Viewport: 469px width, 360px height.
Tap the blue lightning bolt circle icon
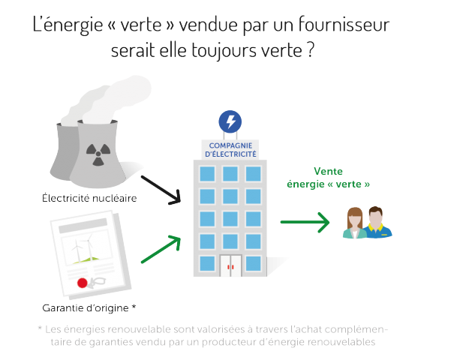(229, 121)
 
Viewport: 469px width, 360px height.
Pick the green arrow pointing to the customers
(305, 222)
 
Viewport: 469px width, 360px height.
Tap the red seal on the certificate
(83, 283)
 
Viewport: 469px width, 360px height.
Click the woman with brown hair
(353, 223)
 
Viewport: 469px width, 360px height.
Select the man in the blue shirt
(378, 223)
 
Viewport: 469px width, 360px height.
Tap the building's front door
(231, 264)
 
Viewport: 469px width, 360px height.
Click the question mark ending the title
(310, 52)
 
